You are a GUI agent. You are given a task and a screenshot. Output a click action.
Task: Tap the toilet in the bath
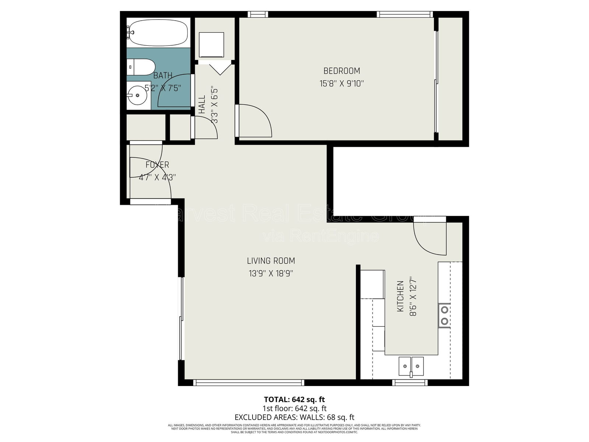[x=142, y=67]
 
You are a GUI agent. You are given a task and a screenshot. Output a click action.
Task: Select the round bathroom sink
[x=137, y=95]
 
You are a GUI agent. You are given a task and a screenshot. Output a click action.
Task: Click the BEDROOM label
[x=342, y=71]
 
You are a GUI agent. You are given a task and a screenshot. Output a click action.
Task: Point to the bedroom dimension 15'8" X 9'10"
[x=342, y=84]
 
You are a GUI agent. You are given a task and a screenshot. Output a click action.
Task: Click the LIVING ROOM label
[x=271, y=261]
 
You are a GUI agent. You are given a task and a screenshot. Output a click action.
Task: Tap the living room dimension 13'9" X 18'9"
[x=271, y=274]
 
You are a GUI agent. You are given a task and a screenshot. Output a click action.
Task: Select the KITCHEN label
[x=401, y=297]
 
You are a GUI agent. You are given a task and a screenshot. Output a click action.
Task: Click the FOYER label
[x=157, y=165]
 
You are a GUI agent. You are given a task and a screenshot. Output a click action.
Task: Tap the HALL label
[x=202, y=105]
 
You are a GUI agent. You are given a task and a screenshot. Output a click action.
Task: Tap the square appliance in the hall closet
[x=211, y=45]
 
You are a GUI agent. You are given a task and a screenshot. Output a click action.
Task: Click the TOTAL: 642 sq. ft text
[x=294, y=399]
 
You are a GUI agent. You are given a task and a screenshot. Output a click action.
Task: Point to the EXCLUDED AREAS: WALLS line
[x=294, y=417]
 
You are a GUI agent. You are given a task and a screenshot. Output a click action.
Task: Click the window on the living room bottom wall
[x=248, y=383]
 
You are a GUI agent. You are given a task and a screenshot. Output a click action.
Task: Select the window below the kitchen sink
[x=410, y=383]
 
